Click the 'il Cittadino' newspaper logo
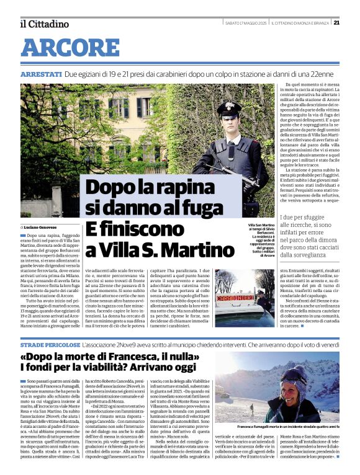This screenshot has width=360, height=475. [x=44, y=24]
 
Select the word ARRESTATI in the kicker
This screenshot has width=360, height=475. [x=41, y=74]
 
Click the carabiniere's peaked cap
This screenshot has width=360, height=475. [x=229, y=109]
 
